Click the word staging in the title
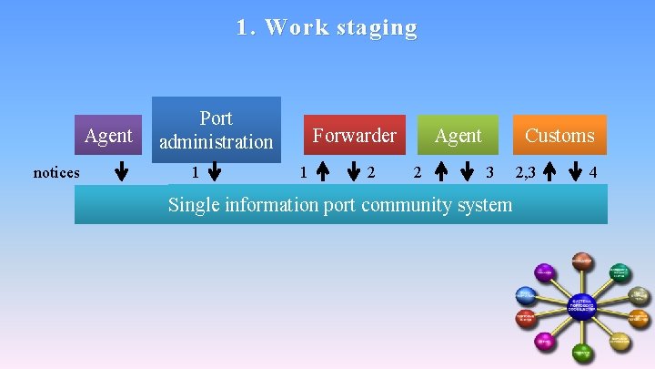(377, 28)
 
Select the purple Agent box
(107, 136)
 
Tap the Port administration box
(217, 129)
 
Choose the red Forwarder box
(354, 136)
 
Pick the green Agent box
(458, 136)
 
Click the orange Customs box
(559, 136)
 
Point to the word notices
(56, 172)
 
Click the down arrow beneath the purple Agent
(122, 172)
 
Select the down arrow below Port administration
(215, 172)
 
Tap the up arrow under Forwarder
(323, 172)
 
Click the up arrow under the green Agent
(440, 172)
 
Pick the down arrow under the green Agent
(469, 172)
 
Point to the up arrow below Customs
(549, 172)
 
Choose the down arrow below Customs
(577, 172)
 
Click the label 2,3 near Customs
(526, 172)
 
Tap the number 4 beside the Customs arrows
(593, 172)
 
